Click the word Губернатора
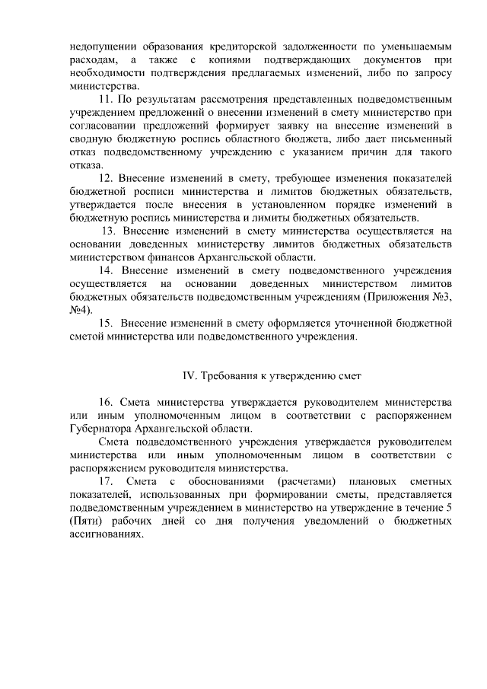97,429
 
